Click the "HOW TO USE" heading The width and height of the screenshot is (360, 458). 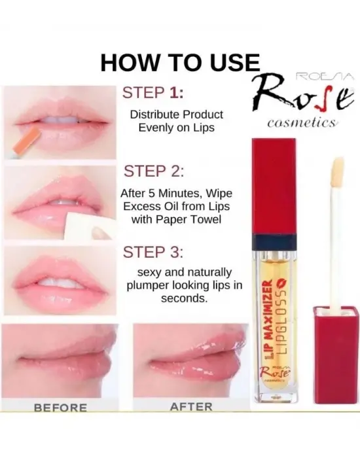[x=180, y=63]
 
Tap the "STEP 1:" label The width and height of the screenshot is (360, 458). [x=153, y=93]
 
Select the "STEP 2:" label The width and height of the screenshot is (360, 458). [x=154, y=171]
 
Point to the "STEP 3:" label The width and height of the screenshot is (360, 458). [x=153, y=252]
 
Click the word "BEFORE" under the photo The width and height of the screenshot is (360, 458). [x=60, y=407]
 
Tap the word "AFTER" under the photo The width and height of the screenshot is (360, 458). [x=191, y=406]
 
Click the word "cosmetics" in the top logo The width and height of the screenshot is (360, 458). [x=302, y=123]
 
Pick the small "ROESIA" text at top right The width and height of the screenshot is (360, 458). [x=325, y=77]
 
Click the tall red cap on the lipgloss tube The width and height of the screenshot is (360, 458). [x=274, y=186]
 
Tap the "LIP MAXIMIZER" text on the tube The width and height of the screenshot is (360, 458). [x=268, y=320]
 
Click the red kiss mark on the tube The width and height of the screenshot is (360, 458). [x=283, y=283]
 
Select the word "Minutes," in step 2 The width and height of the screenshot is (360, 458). [x=181, y=194]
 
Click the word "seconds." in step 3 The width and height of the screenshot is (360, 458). [x=184, y=298]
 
